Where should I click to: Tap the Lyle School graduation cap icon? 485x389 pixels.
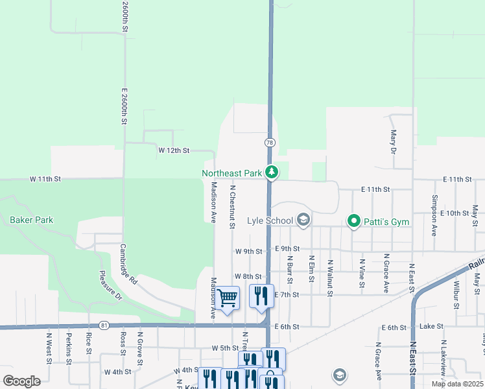click(x=303, y=220)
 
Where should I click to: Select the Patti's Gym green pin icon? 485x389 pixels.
click(x=353, y=222)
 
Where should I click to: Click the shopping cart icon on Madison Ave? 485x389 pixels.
click(x=228, y=298)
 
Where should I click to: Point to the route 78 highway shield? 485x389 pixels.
click(x=268, y=142)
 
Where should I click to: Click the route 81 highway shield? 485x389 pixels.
click(x=104, y=325)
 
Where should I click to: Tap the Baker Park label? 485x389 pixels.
click(x=31, y=220)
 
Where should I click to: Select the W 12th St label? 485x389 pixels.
click(x=173, y=150)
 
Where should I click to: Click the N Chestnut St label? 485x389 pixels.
click(x=231, y=207)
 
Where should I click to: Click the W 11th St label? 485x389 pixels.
click(x=45, y=178)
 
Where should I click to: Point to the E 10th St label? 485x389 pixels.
click(x=454, y=213)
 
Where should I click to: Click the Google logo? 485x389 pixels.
click(x=21, y=381)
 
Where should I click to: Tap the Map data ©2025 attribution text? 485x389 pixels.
click(x=456, y=384)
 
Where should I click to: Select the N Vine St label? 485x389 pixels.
click(x=362, y=275)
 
